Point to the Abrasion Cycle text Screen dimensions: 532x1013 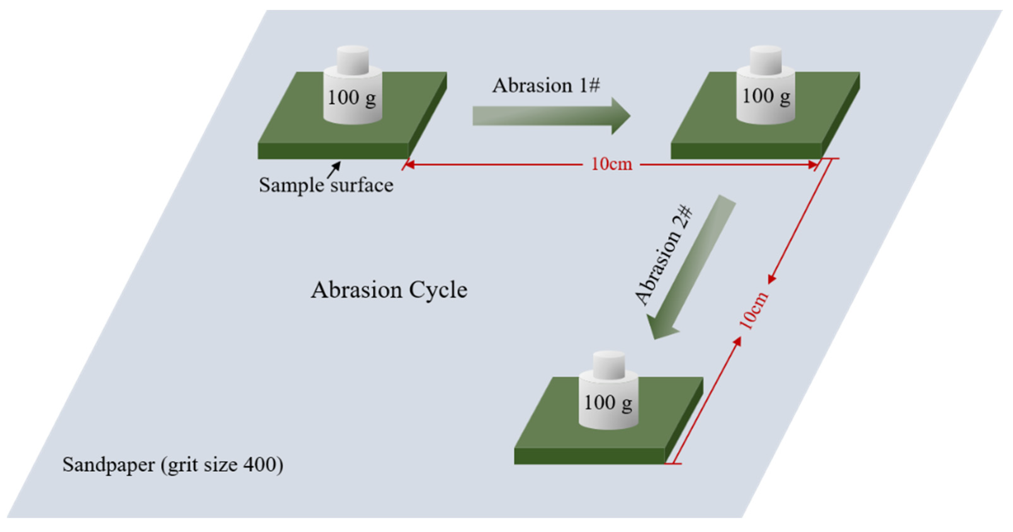coord(389,290)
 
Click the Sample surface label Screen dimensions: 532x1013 coord(326,185)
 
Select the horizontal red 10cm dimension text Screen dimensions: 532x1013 coord(611,164)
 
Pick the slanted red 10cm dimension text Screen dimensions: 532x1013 coord(753,311)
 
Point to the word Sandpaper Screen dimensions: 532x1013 coord(109,465)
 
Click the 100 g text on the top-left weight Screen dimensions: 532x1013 coord(352,98)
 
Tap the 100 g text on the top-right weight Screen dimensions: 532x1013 coord(766,96)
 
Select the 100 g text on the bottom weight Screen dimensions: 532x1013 coord(608,403)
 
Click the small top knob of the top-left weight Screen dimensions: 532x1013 coord(353,59)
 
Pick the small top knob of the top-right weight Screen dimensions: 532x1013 coord(766,59)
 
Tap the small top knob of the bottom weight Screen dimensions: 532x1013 coord(608,364)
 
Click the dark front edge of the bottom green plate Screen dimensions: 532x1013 coord(589,456)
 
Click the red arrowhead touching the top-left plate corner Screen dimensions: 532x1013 coord(409,164)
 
